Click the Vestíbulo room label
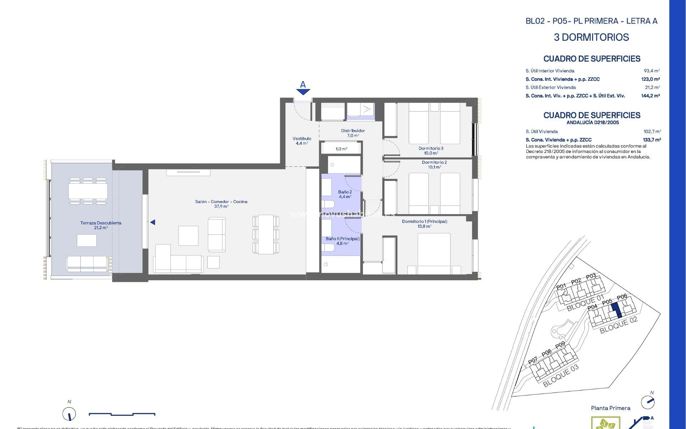click(x=302, y=141)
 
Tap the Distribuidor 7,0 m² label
click(x=353, y=133)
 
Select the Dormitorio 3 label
click(x=431, y=151)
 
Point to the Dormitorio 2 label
click(x=434, y=164)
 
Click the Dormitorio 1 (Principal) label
click(x=424, y=224)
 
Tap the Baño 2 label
click(x=345, y=194)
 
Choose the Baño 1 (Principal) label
click(x=342, y=241)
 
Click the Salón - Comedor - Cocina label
click(x=221, y=204)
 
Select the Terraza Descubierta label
click(x=101, y=225)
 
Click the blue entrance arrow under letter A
click(x=303, y=92)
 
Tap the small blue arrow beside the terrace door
click(x=153, y=222)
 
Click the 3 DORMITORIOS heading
click(x=591, y=37)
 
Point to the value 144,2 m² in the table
click(x=650, y=96)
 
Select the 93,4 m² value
click(x=652, y=71)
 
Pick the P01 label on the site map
click(x=561, y=287)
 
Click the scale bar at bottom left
click(x=122, y=414)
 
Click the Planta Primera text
click(x=610, y=408)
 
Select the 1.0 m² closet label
click(x=341, y=149)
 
